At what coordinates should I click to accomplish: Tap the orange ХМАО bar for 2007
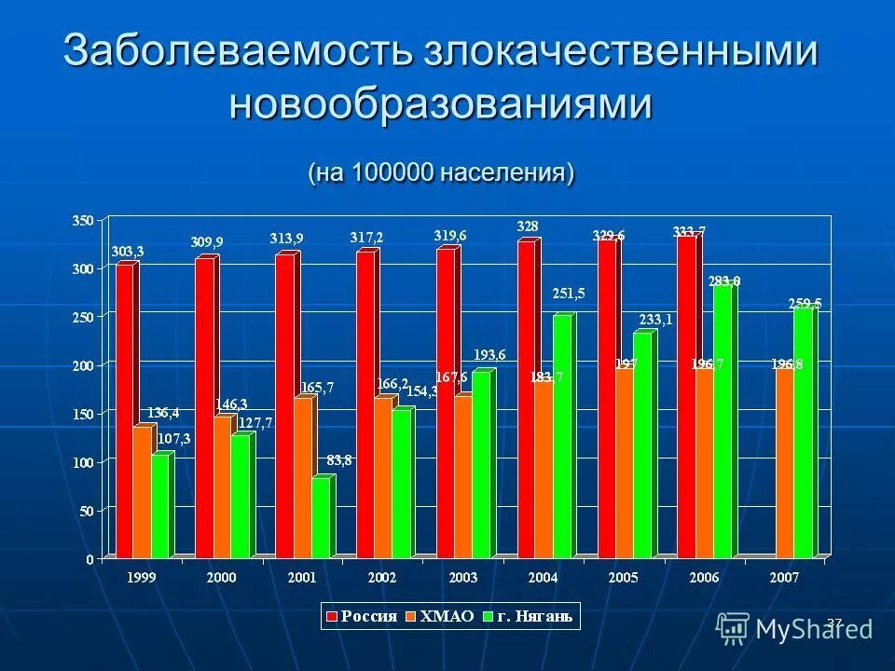(x=784, y=463)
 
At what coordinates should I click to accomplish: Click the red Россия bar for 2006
(x=686, y=396)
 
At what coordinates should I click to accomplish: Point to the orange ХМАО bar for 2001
(x=303, y=477)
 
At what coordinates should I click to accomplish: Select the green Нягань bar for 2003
(x=480, y=464)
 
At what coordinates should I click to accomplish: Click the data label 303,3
(x=128, y=252)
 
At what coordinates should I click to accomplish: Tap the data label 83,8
(x=338, y=459)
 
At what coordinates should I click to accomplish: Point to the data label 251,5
(x=568, y=294)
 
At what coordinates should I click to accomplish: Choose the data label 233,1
(x=655, y=320)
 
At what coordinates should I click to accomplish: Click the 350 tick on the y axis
(x=82, y=220)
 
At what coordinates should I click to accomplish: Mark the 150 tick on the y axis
(x=82, y=414)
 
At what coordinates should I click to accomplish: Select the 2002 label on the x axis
(x=382, y=578)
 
